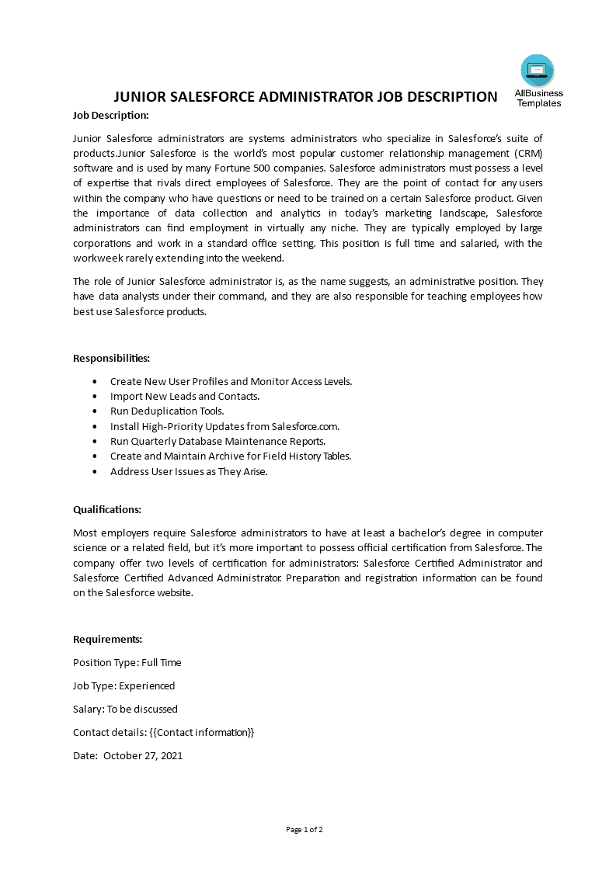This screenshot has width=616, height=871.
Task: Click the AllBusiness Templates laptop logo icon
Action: pyautogui.click(x=538, y=71)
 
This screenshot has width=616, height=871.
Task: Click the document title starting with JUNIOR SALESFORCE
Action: pyautogui.click(x=305, y=97)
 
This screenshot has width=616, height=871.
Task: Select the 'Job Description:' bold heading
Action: pyautogui.click(x=110, y=116)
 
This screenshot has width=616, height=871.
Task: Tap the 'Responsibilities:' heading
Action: pyautogui.click(x=111, y=359)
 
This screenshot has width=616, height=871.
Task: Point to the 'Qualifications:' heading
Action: pyautogui.click(x=107, y=510)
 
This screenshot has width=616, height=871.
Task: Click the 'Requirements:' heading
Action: pyautogui.click(x=107, y=640)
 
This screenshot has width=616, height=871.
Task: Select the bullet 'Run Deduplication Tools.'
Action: pyautogui.click(x=167, y=411)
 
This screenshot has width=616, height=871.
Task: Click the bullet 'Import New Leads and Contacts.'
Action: pyautogui.click(x=185, y=397)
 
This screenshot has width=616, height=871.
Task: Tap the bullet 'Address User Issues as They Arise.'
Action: pyautogui.click(x=189, y=472)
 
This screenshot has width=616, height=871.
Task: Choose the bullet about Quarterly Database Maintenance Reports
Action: pyautogui.click(x=218, y=442)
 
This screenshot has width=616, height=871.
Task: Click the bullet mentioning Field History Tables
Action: pyautogui.click(x=231, y=456)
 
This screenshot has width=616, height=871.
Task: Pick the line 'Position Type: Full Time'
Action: pyautogui.click(x=127, y=663)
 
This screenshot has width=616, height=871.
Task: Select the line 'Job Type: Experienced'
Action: pyautogui.click(x=124, y=686)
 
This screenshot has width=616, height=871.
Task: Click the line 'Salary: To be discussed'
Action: pyautogui.click(x=125, y=710)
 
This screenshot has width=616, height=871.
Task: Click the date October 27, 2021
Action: pyautogui.click(x=143, y=756)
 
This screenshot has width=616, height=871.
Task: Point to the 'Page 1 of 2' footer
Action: pyautogui.click(x=305, y=830)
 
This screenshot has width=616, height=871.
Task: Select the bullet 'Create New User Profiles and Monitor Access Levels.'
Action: pyautogui.click(x=231, y=382)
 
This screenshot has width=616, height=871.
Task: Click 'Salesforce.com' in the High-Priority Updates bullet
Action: pyautogui.click(x=305, y=427)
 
